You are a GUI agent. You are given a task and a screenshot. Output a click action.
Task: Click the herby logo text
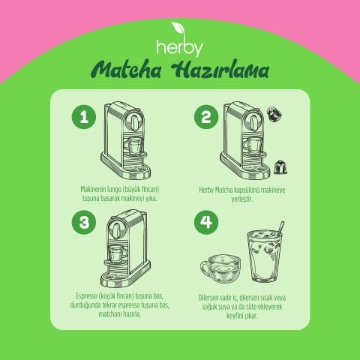click(x=179, y=46)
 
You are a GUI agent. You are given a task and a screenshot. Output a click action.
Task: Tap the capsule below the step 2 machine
click(x=280, y=166)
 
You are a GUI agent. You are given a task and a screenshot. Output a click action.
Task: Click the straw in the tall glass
click(x=279, y=228)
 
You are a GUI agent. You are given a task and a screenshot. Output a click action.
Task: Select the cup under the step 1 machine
click(x=135, y=145)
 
